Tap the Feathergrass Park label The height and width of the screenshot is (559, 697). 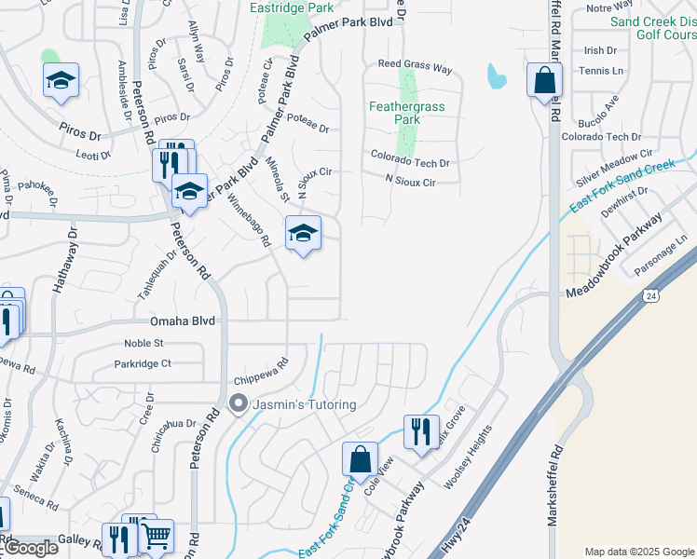(406, 113)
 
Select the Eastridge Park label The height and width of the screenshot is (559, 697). (292, 7)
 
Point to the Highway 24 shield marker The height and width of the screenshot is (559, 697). (649, 294)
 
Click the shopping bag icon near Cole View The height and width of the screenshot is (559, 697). (360, 458)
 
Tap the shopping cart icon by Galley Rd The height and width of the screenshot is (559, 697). (156, 536)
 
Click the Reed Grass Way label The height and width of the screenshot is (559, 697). (415, 68)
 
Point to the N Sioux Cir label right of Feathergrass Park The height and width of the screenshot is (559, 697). (410, 182)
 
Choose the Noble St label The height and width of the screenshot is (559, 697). (143, 343)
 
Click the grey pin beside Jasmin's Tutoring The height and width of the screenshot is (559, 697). (238, 403)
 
